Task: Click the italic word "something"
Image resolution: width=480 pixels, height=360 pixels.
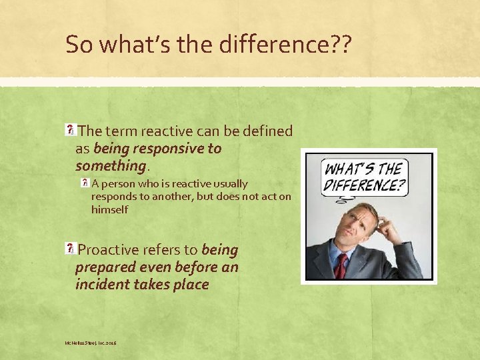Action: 110,165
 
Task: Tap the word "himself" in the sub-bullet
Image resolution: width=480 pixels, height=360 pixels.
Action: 110,209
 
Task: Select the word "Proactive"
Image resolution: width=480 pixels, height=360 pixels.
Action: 109,250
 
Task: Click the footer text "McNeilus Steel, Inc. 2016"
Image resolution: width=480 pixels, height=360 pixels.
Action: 91,343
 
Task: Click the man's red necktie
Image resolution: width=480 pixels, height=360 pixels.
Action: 341,265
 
